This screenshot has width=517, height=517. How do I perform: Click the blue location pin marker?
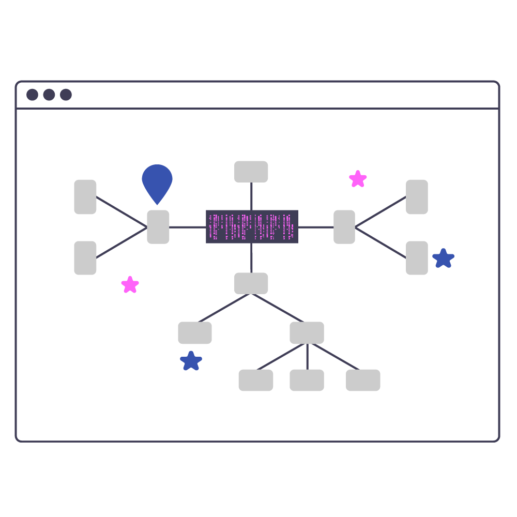pyautogui.click(x=157, y=181)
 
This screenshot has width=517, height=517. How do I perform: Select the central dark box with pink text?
pyautogui.click(x=252, y=226)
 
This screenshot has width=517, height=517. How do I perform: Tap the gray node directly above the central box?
pyautogui.click(x=251, y=172)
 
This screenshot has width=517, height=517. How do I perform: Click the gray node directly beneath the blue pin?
pyautogui.click(x=158, y=227)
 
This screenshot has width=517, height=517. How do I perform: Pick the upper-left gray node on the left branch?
pyautogui.click(x=85, y=197)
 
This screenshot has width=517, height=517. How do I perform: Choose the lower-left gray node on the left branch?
pyautogui.click(x=85, y=258)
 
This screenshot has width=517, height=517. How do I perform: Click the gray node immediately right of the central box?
pyautogui.click(x=344, y=227)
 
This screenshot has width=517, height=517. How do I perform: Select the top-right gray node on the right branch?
pyautogui.click(x=417, y=197)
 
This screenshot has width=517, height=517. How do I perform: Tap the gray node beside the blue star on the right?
pyautogui.click(x=417, y=258)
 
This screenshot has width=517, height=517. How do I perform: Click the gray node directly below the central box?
pyautogui.click(x=251, y=283)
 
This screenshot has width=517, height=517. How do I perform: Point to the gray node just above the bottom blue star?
pyautogui.click(x=195, y=333)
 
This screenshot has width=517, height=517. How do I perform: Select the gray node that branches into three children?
pyautogui.click(x=307, y=333)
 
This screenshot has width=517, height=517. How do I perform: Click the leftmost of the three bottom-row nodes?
pyautogui.click(x=256, y=380)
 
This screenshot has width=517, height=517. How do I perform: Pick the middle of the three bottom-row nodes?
pyautogui.click(x=307, y=380)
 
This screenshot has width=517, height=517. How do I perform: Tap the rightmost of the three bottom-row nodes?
pyautogui.click(x=363, y=380)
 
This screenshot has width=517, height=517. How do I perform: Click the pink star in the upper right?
pyautogui.click(x=358, y=179)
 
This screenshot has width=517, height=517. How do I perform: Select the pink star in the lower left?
pyautogui.click(x=130, y=285)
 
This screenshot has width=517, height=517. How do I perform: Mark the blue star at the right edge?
pyautogui.click(x=443, y=258)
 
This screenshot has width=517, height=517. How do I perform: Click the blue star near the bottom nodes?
pyautogui.click(x=191, y=361)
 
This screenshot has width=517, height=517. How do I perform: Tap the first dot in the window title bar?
pyautogui.click(x=33, y=95)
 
